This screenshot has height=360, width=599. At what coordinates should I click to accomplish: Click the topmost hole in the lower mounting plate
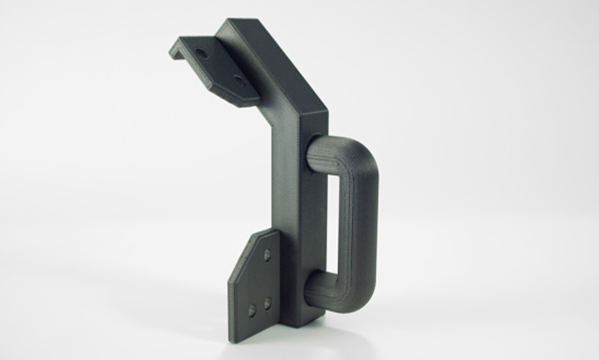tap(267, 255)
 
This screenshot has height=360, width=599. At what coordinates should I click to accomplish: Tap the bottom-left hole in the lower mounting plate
tap(252, 310)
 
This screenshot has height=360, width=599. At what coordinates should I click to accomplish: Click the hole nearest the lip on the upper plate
tap(200, 52)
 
